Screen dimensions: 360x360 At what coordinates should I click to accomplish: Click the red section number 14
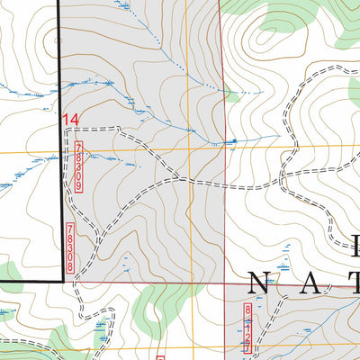71,119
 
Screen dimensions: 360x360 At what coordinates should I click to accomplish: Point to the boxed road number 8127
247,328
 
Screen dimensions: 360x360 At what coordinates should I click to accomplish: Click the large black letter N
257,284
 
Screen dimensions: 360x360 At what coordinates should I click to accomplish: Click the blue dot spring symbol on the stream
231,141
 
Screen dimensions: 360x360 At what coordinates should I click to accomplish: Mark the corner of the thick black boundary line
63,281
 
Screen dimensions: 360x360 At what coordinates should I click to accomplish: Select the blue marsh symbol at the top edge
123,5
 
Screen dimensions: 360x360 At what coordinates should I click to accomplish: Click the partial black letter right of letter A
354,284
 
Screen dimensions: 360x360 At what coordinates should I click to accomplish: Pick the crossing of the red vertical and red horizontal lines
224,282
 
